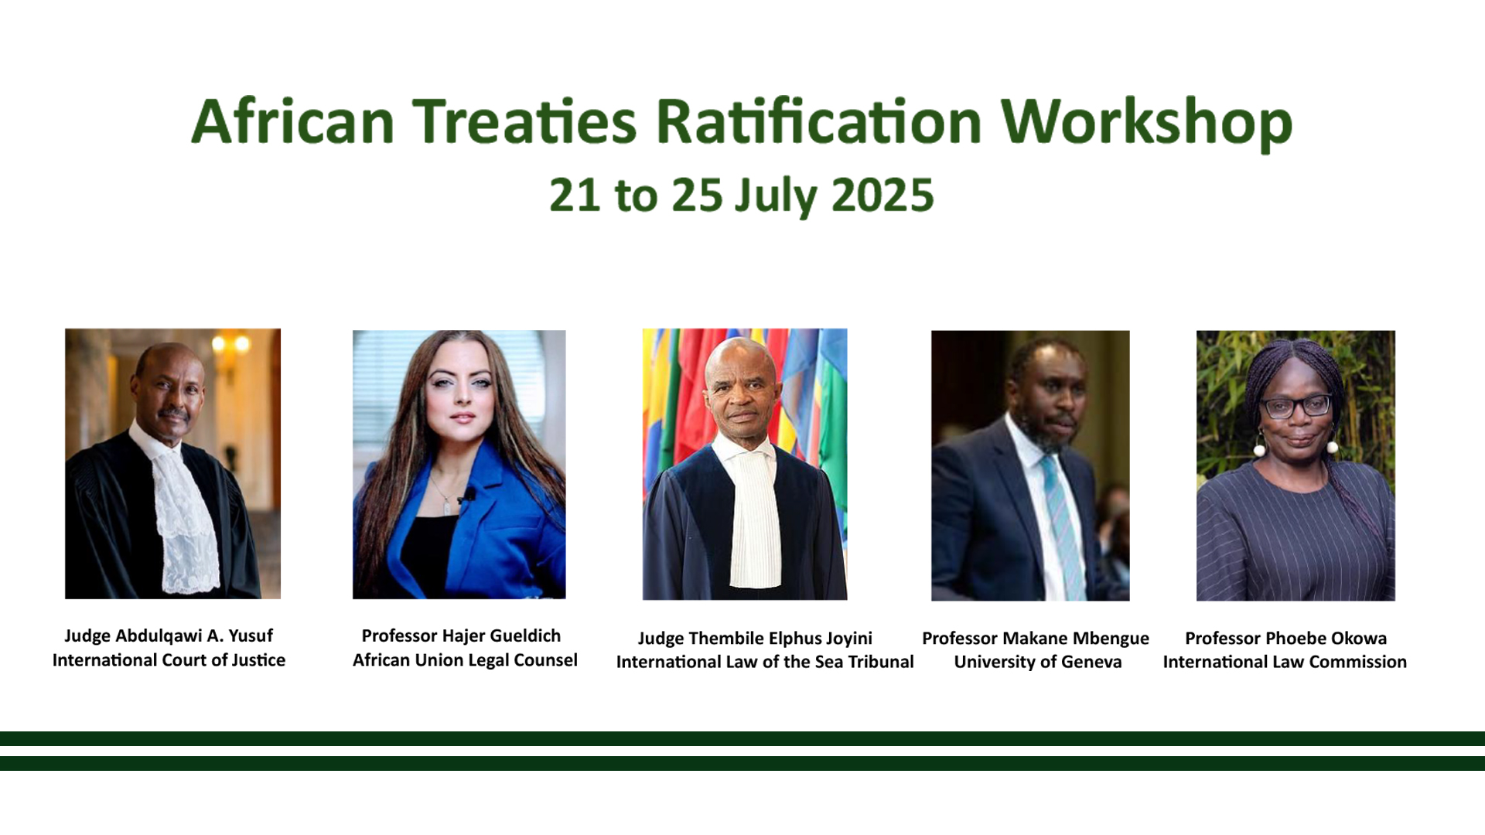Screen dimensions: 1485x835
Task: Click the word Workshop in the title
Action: click(x=1146, y=122)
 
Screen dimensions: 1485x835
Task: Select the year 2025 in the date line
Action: click(x=882, y=195)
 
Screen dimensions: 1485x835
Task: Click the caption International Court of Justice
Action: click(x=169, y=660)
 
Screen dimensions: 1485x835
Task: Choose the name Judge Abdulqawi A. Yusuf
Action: click(x=169, y=636)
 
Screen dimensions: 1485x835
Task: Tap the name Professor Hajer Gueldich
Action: click(x=461, y=636)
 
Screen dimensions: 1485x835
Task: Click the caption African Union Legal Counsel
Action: click(x=465, y=660)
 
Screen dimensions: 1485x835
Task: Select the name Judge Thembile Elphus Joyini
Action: click(x=755, y=639)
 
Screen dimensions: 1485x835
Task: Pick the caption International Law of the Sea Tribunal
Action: click(x=765, y=662)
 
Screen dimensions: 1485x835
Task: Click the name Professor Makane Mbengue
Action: click(x=1036, y=639)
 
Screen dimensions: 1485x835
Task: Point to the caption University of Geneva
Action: click(x=1038, y=662)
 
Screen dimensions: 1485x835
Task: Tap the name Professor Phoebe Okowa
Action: click(x=1286, y=639)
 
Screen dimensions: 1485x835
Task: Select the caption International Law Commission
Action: click(x=1285, y=662)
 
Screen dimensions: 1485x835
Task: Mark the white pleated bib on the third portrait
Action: click(x=755, y=518)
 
